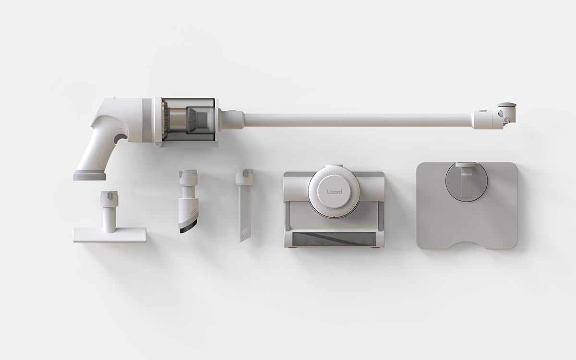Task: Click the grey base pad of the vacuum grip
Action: [89, 175]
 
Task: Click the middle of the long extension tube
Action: [358, 120]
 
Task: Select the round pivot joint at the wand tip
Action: [503, 115]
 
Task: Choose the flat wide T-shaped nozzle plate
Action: [109, 234]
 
